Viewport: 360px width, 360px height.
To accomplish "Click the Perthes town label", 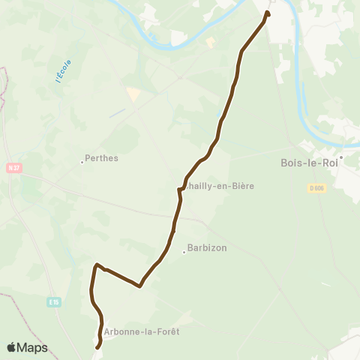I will point(103,158).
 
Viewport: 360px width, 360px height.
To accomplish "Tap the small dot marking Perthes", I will point(82,161).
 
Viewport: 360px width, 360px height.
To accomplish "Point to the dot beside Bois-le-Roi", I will point(340,157).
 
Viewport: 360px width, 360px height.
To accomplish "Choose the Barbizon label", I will point(208,247).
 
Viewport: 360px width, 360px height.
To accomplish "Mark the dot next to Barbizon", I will point(184,252).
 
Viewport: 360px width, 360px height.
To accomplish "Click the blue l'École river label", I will point(63,71).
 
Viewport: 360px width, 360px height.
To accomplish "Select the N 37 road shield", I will point(13,168).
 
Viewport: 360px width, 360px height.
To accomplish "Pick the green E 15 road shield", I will point(53,301).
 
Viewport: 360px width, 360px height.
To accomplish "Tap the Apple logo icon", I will point(12,347).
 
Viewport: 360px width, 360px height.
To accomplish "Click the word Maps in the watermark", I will point(33,347).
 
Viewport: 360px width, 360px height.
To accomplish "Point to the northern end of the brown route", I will point(267,12).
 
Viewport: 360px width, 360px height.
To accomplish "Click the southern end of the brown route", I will point(97,347).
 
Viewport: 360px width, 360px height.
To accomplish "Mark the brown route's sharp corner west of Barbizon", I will point(96,265).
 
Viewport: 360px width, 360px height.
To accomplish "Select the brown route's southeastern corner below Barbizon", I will point(140,286).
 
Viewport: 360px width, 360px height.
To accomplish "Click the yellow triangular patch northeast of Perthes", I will point(133,94).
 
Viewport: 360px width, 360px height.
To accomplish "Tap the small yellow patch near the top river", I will point(210,43).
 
